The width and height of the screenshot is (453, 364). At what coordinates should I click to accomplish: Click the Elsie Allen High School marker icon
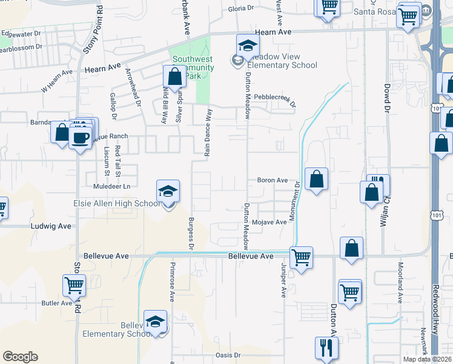click(x=168, y=192)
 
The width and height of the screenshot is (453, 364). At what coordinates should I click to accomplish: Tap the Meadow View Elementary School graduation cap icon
click(x=247, y=46)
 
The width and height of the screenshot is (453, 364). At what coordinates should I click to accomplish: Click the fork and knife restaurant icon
click(x=326, y=349)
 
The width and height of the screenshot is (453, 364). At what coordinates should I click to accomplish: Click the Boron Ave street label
click(x=273, y=180)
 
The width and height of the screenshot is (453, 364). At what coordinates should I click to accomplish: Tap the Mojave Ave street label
click(x=273, y=223)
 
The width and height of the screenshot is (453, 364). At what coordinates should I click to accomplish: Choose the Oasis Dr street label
click(x=228, y=355)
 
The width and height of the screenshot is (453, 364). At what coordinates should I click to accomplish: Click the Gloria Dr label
click(x=240, y=8)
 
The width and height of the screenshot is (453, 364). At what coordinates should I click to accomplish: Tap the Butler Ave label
click(x=57, y=303)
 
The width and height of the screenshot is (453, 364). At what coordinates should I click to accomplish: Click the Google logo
click(x=20, y=357)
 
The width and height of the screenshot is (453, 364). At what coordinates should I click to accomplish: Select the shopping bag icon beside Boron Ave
click(x=316, y=180)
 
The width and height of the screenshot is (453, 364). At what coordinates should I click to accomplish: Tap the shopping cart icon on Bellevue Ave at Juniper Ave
click(x=301, y=258)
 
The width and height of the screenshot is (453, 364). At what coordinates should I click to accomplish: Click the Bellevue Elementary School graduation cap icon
click(x=156, y=322)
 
